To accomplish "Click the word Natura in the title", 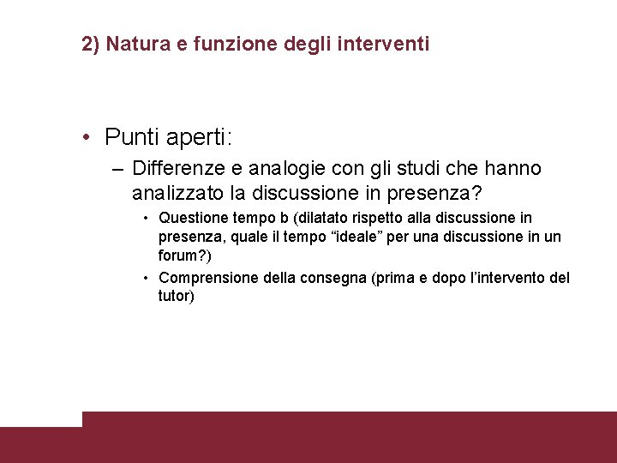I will pos(134,43).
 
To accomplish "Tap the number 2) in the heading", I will pos(91,43).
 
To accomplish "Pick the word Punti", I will pos(130,136).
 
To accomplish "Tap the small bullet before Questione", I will pos(147,219).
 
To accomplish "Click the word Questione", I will pos(195,218).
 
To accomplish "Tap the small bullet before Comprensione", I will pos(147,278).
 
